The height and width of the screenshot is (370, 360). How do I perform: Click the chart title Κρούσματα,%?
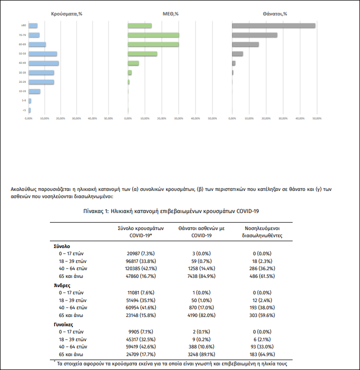67,13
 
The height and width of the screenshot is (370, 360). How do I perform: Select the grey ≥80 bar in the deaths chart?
273,26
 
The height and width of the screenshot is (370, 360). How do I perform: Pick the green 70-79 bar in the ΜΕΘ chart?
153,35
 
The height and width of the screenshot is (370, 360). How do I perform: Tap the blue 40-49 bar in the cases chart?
44,63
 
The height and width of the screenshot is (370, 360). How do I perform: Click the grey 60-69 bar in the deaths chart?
245,44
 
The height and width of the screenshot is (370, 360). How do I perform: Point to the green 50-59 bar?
142,54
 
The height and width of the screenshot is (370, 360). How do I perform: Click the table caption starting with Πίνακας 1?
171,211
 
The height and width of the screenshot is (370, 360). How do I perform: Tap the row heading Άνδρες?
62,285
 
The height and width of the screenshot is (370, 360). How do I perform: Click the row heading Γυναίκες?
65,324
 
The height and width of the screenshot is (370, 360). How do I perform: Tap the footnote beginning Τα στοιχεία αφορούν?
172,363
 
